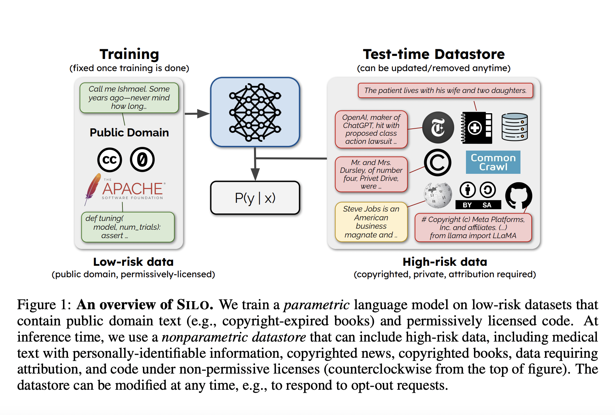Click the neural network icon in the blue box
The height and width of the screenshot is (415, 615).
click(x=255, y=112)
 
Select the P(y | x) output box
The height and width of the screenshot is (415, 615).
click(x=255, y=198)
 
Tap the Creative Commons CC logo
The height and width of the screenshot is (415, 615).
click(x=109, y=160)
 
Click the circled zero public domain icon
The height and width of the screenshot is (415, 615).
click(x=142, y=160)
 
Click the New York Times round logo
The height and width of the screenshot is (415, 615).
click(x=438, y=128)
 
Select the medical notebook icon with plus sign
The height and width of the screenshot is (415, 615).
click(x=476, y=128)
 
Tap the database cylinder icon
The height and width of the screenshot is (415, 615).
click(x=514, y=127)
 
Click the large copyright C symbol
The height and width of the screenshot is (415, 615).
click(x=437, y=163)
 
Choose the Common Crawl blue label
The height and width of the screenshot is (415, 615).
click(x=493, y=162)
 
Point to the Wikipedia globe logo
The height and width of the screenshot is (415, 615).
click(x=437, y=195)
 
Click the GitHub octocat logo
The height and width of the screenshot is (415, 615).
click(x=518, y=196)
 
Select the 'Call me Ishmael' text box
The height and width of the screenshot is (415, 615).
click(x=129, y=98)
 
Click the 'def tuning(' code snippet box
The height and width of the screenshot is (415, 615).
click(x=128, y=227)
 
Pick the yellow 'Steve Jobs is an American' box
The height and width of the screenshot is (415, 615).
click(x=371, y=222)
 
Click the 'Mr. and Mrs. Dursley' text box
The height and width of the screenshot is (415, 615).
click(x=371, y=174)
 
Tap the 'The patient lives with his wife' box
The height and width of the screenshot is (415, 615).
click(x=445, y=90)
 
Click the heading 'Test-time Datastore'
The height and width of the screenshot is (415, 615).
click(x=434, y=54)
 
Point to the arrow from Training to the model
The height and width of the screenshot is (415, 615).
click(x=197, y=114)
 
